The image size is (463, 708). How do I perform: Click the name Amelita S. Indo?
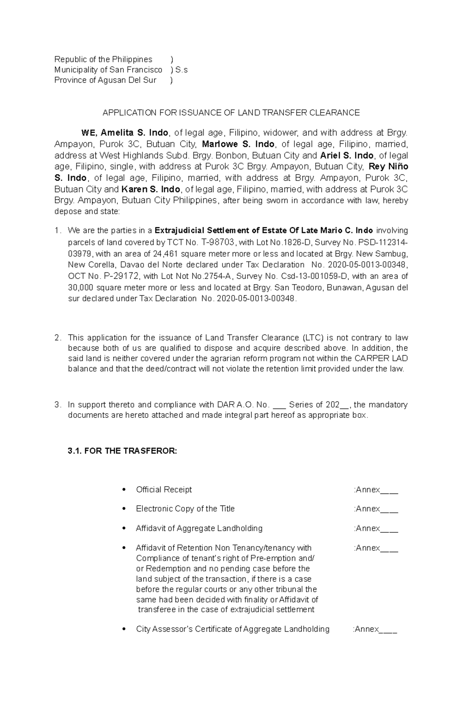134,133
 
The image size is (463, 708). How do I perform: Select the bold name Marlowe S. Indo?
238,144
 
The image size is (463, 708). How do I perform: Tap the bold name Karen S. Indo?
151,189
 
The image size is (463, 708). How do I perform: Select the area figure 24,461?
166,254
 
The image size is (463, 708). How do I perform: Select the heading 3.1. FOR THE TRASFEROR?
122,451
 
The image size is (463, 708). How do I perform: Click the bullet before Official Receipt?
124,490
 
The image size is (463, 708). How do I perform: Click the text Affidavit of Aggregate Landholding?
199,528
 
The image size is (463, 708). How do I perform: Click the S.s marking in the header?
181,70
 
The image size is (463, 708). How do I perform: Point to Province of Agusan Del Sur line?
105,80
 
